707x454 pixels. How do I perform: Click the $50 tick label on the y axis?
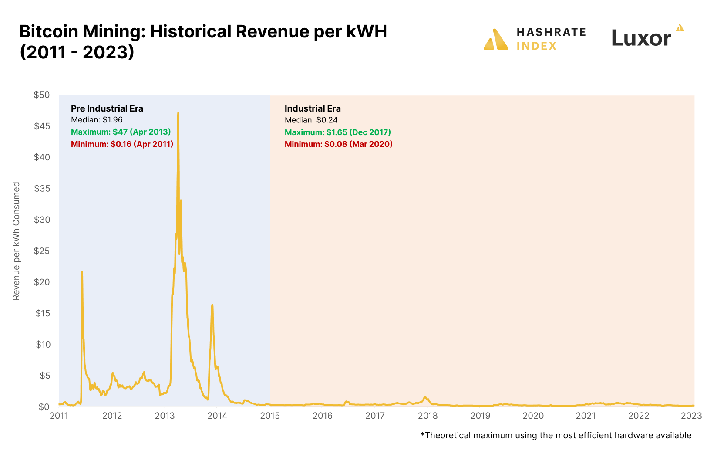[x=42, y=95]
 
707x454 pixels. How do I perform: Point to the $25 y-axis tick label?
[x=42, y=251]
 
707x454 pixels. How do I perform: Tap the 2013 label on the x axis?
[x=165, y=416]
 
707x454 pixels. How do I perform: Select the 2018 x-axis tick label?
[x=428, y=416]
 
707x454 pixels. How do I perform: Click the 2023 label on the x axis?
[x=691, y=416]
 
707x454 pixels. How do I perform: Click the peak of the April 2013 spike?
[x=178, y=113]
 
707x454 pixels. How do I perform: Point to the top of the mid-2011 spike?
[x=82, y=272]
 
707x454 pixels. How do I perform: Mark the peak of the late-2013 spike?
[x=212, y=305]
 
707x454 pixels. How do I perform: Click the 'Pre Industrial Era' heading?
[x=107, y=108]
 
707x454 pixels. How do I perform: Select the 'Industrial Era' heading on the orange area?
[x=313, y=108]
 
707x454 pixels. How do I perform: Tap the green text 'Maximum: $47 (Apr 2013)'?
[x=121, y=132]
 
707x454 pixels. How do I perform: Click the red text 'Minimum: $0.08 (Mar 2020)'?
[x=339, y=144]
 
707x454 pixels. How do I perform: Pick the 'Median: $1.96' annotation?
[x=97, y=120]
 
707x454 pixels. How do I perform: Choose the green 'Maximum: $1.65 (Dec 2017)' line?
[x=338, y=132]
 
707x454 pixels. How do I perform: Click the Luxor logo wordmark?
[x=641, y=38]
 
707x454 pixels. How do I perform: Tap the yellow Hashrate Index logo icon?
[x=496, y=40]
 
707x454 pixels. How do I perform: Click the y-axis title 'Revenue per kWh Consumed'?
[x=17, y=241]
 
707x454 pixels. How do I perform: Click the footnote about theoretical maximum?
[x=556, y=435]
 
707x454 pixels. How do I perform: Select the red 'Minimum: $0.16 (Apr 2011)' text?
[x=122, y=144]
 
